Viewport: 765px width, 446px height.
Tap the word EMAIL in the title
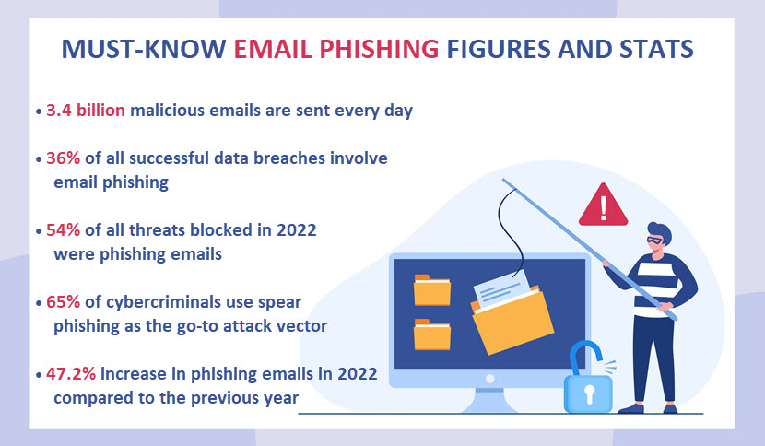(272, 49)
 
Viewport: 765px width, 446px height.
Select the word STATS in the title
(656, 49)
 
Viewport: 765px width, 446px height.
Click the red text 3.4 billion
(86, 111)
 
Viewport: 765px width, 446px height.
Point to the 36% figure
(63, 158)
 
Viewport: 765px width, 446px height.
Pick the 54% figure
(63, 229)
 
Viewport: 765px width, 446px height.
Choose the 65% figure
(63, 302)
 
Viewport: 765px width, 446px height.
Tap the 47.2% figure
(71, 374)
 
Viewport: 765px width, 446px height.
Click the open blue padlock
(588, 378)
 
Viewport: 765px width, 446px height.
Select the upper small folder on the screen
(431, 290)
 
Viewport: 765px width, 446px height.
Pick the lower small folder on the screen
(431, 334)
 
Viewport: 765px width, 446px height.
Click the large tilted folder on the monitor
(512, 320)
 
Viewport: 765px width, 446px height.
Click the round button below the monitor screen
(489, 379)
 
